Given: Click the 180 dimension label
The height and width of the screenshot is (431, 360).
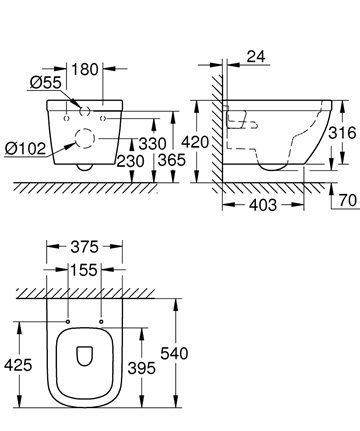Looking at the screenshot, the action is click(x=85, y=69).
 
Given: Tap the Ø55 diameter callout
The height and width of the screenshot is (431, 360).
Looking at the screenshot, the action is click(x=46, y=83).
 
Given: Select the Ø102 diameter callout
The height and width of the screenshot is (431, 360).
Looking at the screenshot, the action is click(x=25, y=148).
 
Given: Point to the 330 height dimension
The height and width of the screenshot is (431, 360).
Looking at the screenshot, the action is click(x=152, y=144).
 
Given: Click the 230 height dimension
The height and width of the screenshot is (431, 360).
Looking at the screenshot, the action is click(x=130, y=161).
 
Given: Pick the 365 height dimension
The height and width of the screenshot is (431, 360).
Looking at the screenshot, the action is click(x=171, y=160).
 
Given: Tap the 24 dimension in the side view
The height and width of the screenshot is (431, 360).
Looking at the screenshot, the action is click(x=256, y=56).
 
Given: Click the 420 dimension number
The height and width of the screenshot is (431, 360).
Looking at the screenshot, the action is click(x=195, y=142).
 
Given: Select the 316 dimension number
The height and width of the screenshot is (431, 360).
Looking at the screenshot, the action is click(x=342, y=133).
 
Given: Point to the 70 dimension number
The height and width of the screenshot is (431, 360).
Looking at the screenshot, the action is click(x=348, y=201).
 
